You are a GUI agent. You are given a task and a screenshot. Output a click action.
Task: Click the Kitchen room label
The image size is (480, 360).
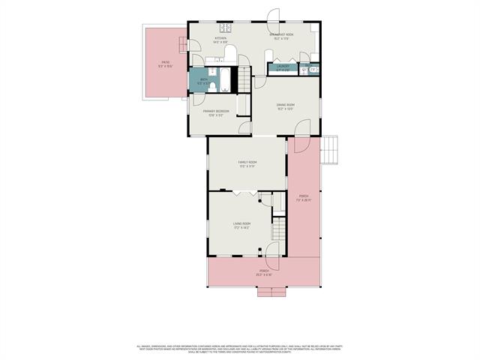click(220, 40)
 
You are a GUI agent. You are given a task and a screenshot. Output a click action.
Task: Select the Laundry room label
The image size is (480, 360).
click(282, 67)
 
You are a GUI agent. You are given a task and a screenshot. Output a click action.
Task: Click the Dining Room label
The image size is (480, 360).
click(286, 106)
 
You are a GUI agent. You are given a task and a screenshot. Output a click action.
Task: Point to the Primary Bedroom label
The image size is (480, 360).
click(216, 112)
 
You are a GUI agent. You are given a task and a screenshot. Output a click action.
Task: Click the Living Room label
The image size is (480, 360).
click(241, 225)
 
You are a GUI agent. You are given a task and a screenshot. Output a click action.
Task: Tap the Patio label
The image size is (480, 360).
click(165, 64)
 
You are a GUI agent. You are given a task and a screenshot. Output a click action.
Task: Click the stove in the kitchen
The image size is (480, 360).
click(225, 27)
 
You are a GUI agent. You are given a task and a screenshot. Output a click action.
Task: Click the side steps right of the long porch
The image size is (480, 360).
click(331, 150)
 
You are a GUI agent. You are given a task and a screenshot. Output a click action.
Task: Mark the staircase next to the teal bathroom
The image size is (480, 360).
click(244, 78)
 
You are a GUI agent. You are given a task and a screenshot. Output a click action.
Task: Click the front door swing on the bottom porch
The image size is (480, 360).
click(271, 250)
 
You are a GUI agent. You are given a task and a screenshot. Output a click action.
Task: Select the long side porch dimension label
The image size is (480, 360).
click(303, 199)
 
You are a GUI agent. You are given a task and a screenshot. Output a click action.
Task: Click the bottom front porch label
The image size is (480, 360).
click(264, 273)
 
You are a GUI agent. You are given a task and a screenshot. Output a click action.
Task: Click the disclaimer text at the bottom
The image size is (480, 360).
click(240, 349)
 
